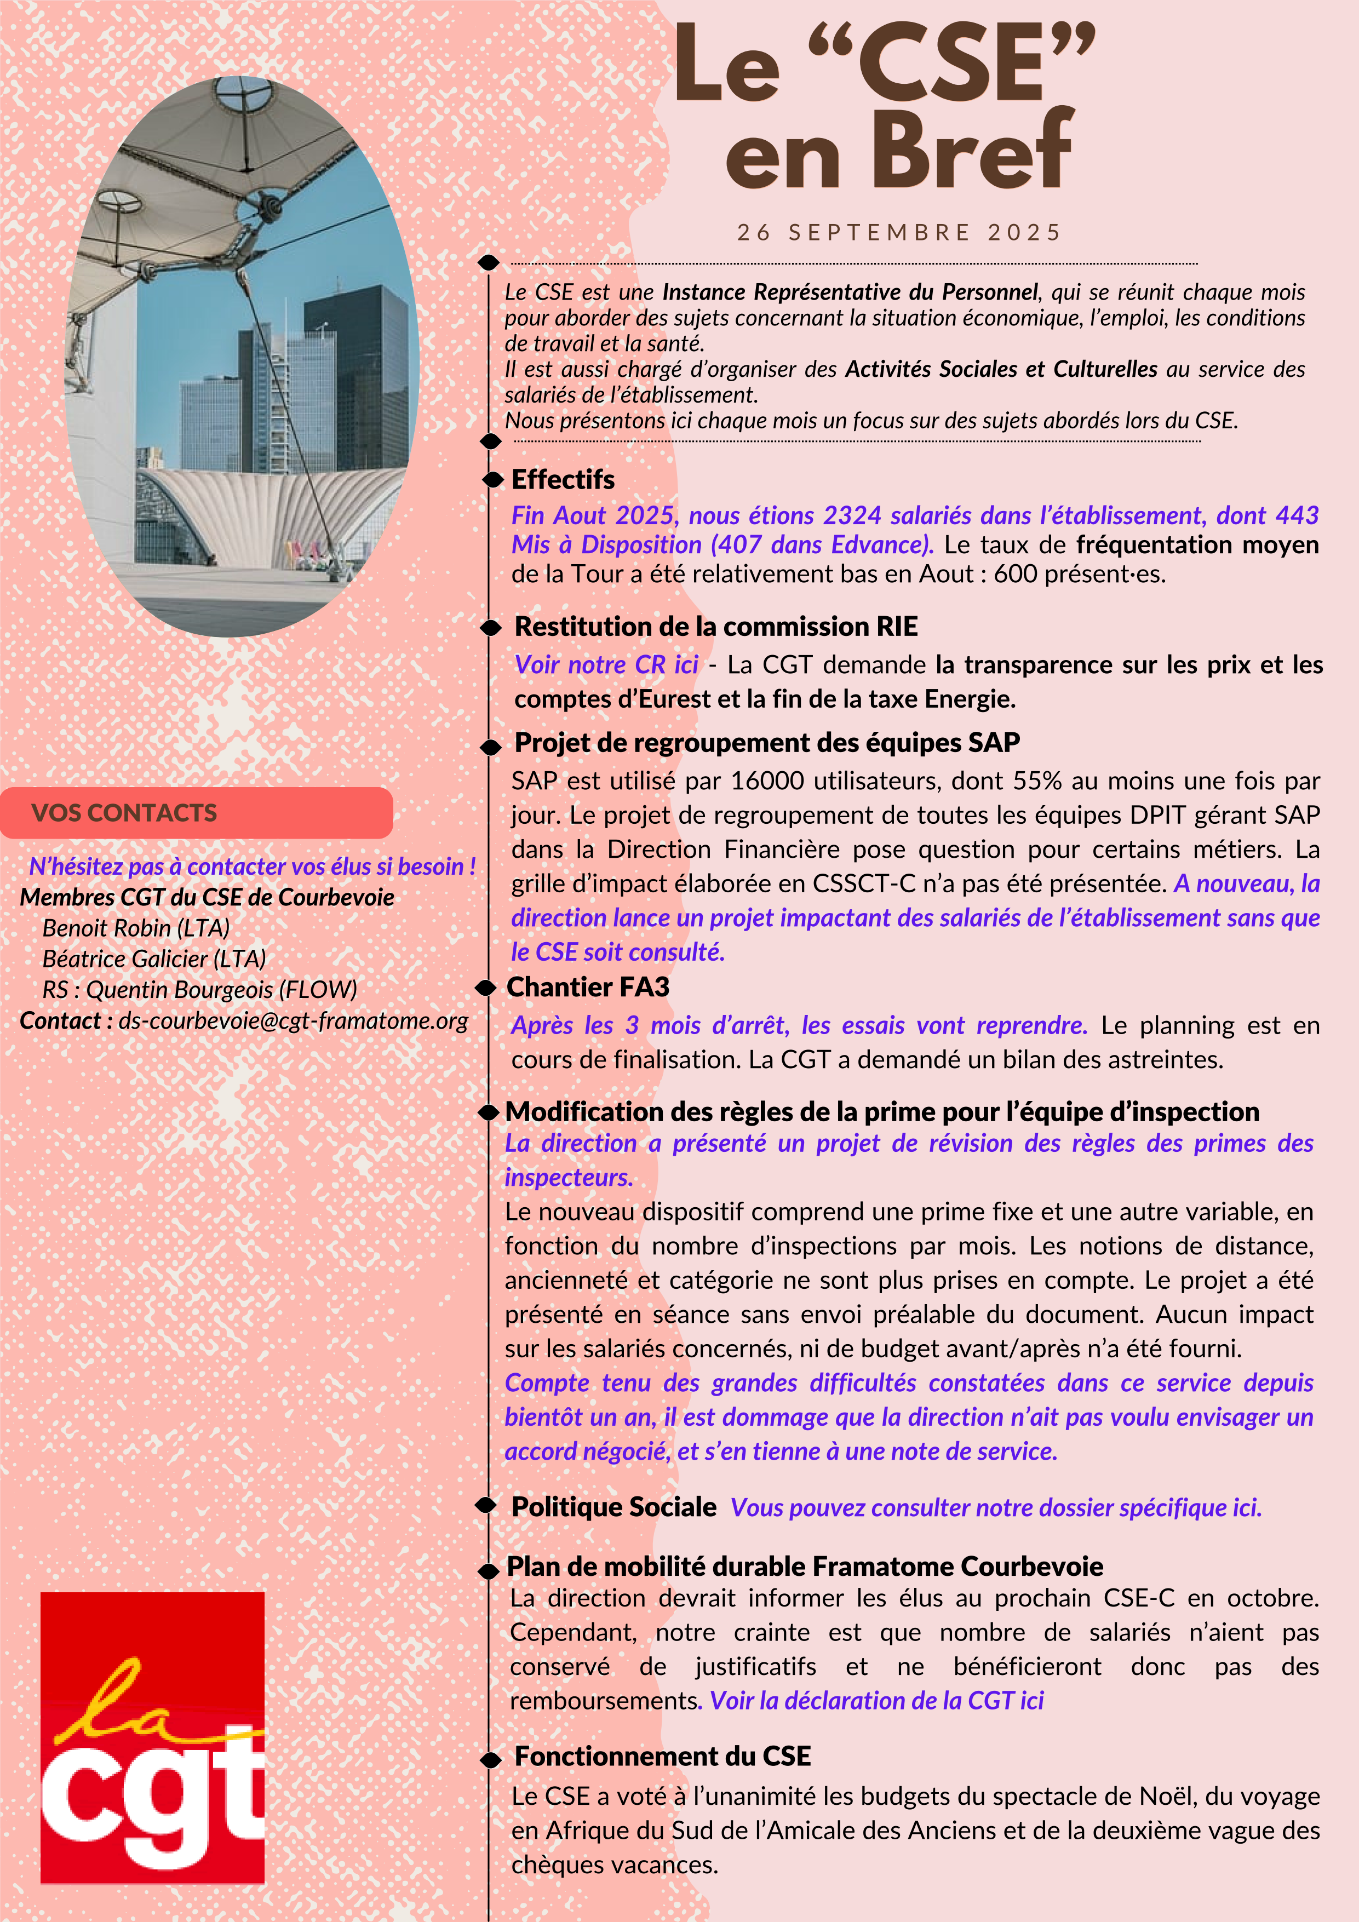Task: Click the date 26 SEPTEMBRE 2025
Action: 898,233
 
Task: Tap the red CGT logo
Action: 152,1737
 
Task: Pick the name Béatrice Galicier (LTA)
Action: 154,959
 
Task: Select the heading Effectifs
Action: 563,480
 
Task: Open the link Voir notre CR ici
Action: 606,664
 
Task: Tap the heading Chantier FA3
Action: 588,988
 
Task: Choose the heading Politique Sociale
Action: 614,1507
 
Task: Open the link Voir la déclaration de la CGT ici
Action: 876,1701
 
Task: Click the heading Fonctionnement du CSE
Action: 662,1756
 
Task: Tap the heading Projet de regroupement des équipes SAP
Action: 767,743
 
